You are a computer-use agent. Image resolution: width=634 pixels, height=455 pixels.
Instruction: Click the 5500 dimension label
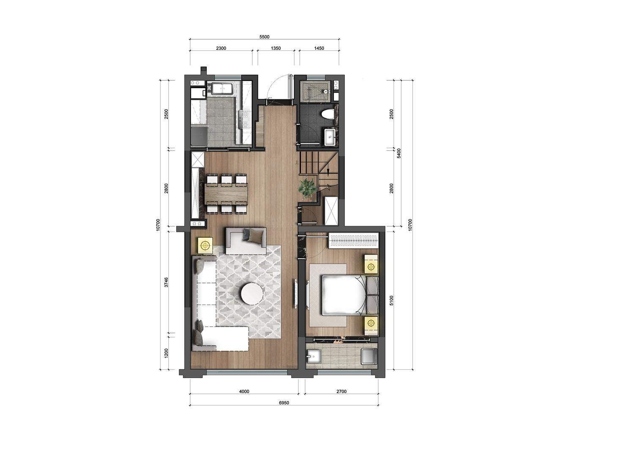(x=264, y=37)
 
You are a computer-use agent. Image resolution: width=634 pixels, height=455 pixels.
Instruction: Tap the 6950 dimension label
(x=284, y=403)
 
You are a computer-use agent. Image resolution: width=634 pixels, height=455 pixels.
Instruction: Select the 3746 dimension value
(x=166, y=282)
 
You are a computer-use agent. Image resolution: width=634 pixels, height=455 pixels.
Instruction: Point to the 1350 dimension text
(x=276, y=48)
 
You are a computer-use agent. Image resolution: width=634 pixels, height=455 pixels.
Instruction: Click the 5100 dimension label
(x=391, y=300)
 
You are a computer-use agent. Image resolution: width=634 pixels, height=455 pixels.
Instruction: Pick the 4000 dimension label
(x=244, y=392)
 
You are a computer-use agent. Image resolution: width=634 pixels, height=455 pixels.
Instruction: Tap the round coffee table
(x=252, y=294)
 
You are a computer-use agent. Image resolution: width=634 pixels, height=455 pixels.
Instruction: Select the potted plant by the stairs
(x=307, y=187)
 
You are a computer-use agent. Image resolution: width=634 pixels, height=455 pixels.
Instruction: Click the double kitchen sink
(x=222, y=88)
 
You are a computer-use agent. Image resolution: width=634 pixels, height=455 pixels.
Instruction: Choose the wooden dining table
(x=227, y=192)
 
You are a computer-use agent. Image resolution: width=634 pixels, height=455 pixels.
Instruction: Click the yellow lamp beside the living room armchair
(x=205, y=245)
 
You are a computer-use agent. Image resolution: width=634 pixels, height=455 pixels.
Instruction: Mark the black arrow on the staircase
(x=328, y=170)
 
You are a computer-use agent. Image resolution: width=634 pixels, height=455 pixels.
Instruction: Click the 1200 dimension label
(x=166, y=353)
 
